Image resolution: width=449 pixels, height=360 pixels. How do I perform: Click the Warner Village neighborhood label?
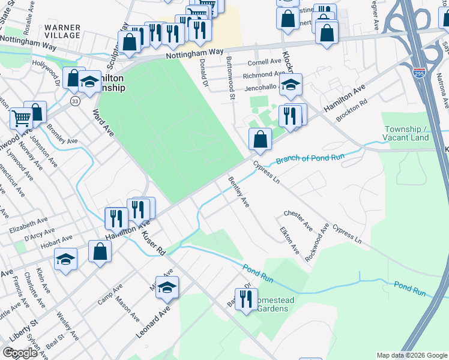[62, 32]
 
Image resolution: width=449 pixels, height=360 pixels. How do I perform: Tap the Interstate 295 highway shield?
[419, 73]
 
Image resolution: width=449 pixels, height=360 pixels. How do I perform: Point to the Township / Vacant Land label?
[406, 133]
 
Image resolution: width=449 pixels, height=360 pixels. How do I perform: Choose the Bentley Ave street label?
[238, 192]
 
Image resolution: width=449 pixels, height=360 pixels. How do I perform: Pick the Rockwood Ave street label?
[317, 242]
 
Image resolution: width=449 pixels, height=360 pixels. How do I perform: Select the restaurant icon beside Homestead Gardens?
[245, 298]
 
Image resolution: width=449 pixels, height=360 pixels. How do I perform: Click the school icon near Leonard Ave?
[168, 287]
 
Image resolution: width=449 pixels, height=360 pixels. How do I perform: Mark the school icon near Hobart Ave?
[66, 259]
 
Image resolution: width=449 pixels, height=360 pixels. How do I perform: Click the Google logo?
[20, 353]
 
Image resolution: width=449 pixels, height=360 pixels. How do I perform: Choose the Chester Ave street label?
[298, 220]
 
